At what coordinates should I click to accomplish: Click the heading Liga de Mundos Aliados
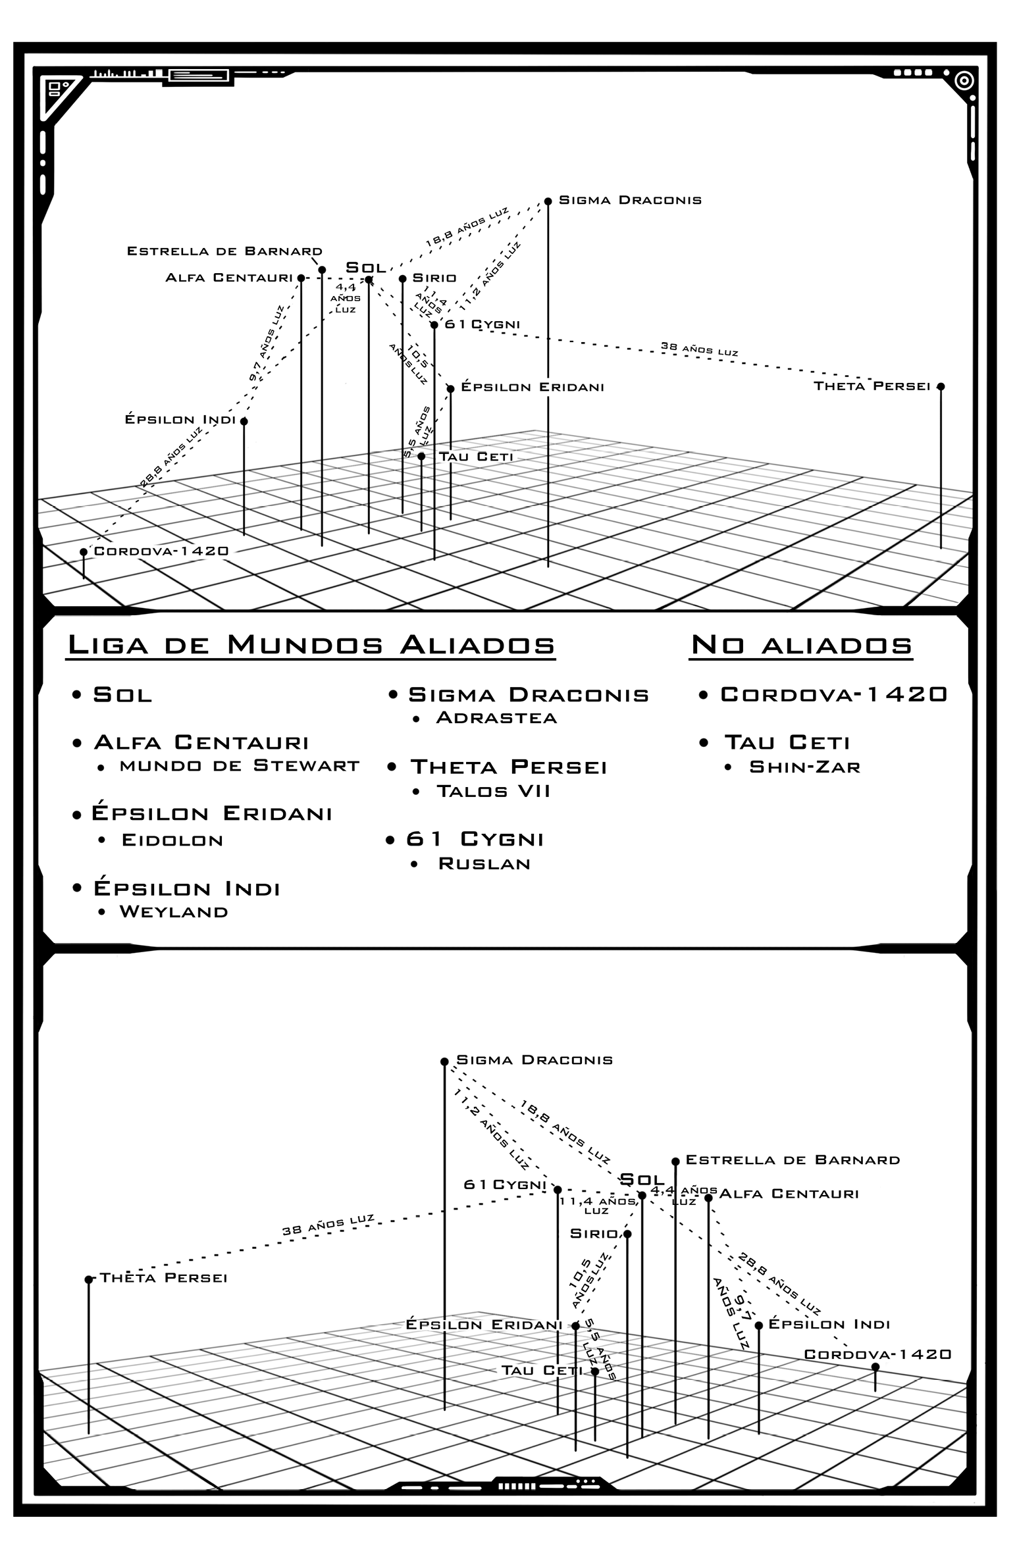tap(311, 645)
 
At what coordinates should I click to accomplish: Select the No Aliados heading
tap(802, 645)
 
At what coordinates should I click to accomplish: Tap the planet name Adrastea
tap(496, 717)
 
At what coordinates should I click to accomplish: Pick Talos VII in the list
tap(493, 791)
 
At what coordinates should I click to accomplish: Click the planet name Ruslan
tap(484, 864)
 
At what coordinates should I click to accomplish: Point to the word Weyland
tap(174, 912)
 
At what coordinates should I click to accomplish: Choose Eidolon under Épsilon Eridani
tap(172, 840)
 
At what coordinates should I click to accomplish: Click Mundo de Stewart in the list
tap(240, 766)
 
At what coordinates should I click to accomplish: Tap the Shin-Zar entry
tap(805, 767)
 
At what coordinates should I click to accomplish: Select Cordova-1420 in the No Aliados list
tap(834, 694)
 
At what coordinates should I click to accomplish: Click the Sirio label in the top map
tap(434, 278)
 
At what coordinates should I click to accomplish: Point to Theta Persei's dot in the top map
tap(941, 386)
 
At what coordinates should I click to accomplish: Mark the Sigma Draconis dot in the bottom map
tap(444, 1061)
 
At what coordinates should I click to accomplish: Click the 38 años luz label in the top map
tap(699, 349)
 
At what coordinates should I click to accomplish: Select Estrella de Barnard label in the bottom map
tap(793, 1160)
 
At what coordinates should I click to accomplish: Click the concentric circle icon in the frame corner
tap(964, 80)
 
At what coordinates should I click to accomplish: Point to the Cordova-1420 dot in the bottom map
tap(875, 1367)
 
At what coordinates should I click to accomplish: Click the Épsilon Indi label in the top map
tap(180, 419)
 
